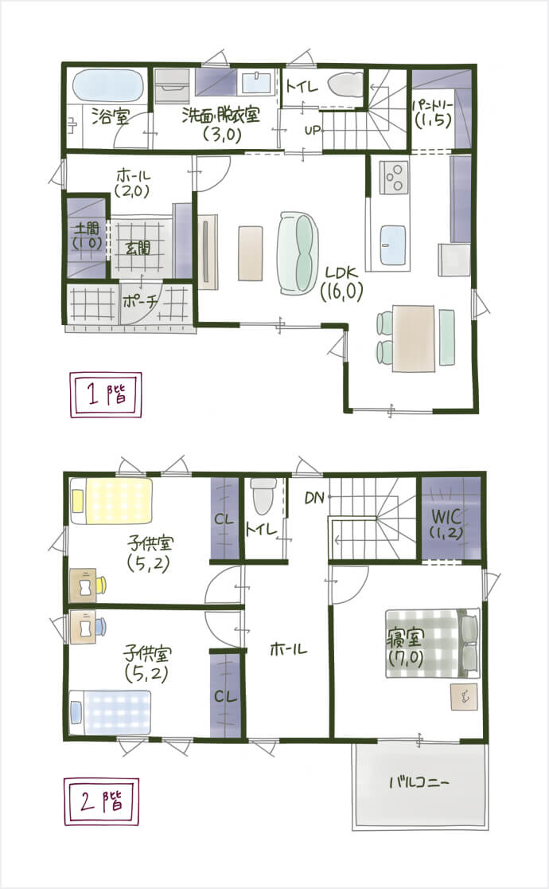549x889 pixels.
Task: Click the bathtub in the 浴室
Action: pyautogui.click(x=107, y=86)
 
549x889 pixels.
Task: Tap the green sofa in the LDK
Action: pyautogui.click(x=298, y=253)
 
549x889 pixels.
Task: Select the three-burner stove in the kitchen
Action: pyautogui.click(x=395, y=176)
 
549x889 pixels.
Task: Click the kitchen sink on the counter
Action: pyautogui.click(x=393, y=245)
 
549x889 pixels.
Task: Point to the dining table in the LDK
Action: pyautogui.click(x=414, y=338)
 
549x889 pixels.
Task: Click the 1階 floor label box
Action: pyautogui.click(x=105, y=394)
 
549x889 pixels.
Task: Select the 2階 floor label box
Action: pyautogui.click(x=101, y=801)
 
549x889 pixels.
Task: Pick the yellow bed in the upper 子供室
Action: pyautogui.click(x=111, y=500)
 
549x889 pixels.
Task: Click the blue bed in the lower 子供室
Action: pyautogui.click(x=111, y=712)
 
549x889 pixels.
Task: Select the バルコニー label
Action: pyautogui.click(x=419, y=783)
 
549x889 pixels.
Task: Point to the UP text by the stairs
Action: pyautogui.click(x=312, y=130)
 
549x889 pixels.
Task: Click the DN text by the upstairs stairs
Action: pyautogui.click(x=314, y=498)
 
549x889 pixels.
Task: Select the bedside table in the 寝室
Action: pyautogui.click(x=463, y=697)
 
